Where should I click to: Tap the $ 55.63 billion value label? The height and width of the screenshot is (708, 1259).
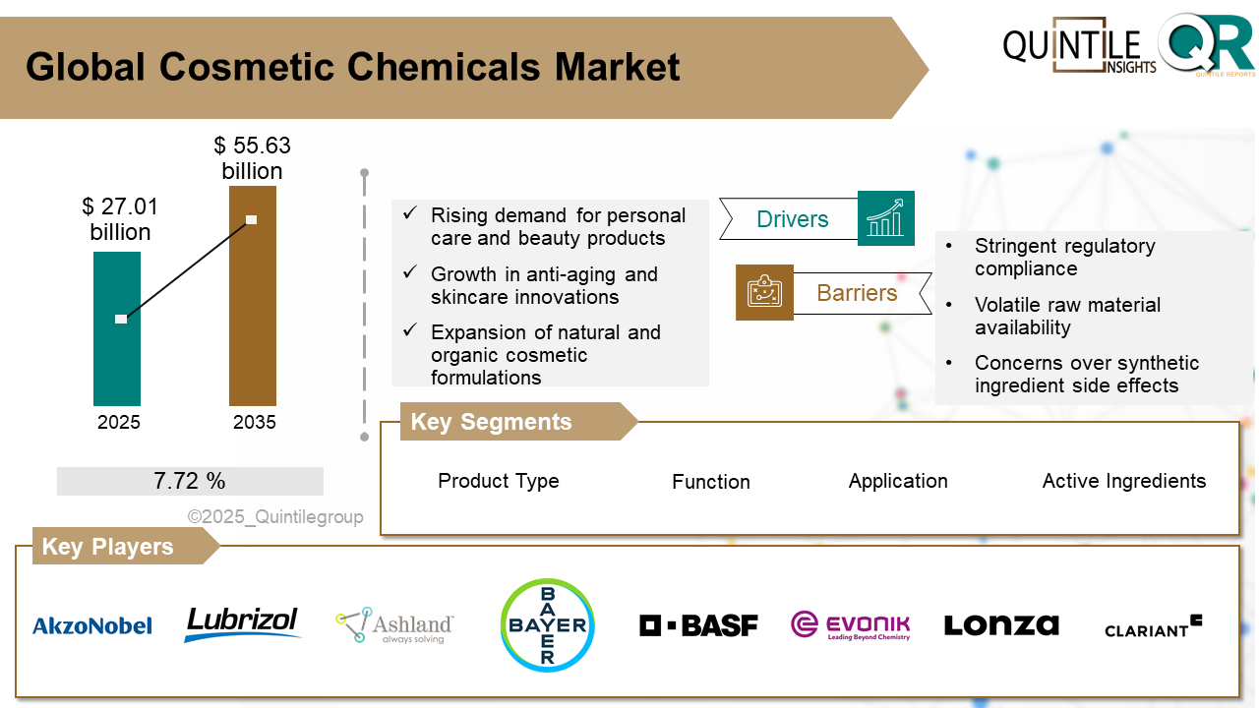252,158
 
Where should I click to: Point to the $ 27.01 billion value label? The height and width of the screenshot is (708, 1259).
120,219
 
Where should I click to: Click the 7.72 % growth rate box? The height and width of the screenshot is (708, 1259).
190,481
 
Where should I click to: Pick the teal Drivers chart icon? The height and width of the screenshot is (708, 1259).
885,218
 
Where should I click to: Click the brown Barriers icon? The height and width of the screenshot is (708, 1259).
764,292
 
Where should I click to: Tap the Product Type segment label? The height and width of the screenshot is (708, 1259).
498,481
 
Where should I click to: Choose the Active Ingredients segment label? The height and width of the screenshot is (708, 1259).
1123,481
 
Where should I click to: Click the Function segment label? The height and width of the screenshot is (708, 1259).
710,482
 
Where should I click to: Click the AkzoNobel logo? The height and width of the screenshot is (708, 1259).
92,625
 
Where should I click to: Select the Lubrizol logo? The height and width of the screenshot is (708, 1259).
242,623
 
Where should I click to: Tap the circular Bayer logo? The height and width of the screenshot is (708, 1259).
548,624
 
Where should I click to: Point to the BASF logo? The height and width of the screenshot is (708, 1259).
698,624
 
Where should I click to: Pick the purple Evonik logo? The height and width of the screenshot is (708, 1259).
851,625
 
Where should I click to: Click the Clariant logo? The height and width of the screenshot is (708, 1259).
1153,626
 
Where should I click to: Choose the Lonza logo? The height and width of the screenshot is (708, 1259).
1001,624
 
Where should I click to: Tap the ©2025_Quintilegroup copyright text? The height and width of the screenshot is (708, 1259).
275,517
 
